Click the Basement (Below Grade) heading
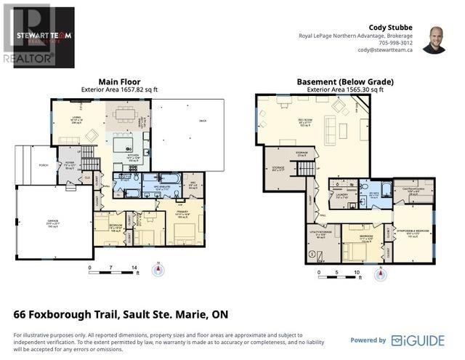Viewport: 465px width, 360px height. pos(345,81)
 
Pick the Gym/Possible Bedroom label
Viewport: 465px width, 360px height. pos(414,233)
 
